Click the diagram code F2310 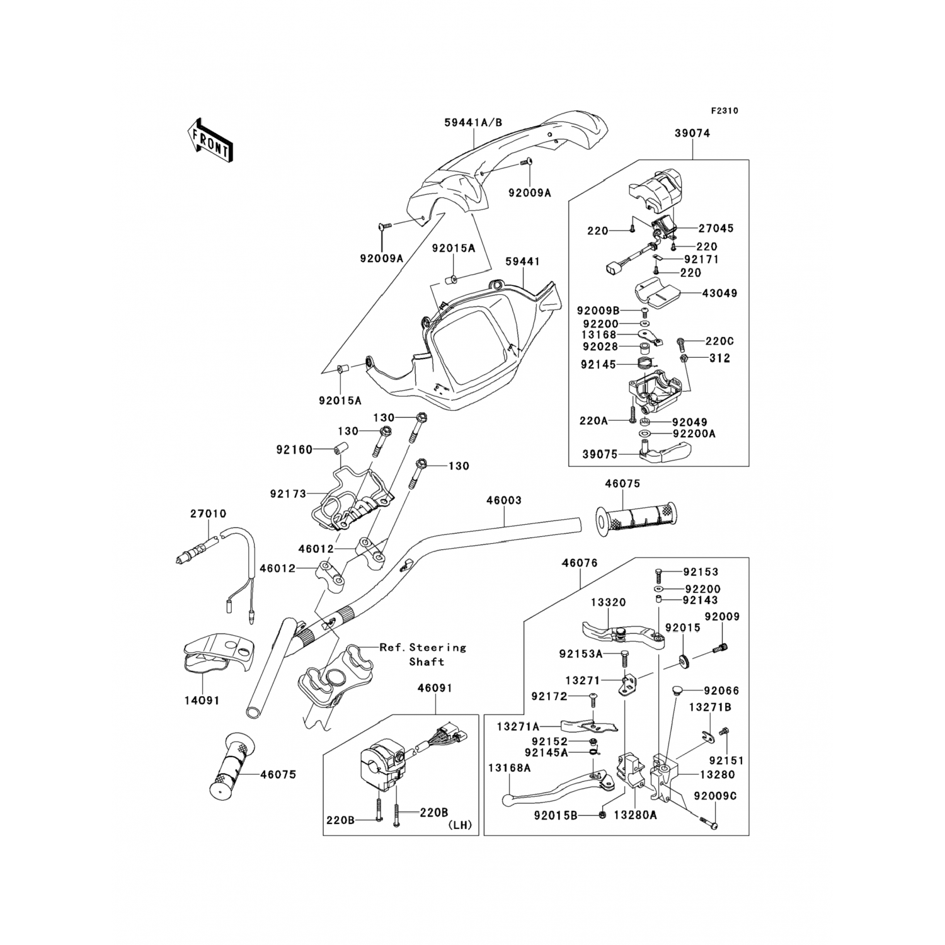[724, 111]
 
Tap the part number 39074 [692, 134]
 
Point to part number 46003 [503, 500]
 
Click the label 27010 [208, 514]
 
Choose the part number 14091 [202, 700]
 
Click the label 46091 [434, 689]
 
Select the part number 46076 [580, 563]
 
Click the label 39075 [600, 454]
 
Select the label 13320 [608, 602]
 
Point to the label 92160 [294, 450]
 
